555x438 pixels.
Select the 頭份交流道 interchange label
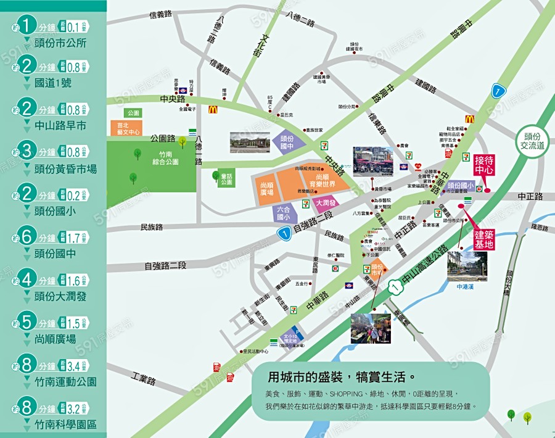(531, 141)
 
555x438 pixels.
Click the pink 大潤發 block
(325, 202)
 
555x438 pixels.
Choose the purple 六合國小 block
(283, 213)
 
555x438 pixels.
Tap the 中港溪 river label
(467, 286)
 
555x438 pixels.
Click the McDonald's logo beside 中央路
(213, 110)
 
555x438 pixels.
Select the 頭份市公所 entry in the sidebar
(60, 43)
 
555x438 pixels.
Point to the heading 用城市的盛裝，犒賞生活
(341, 376)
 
